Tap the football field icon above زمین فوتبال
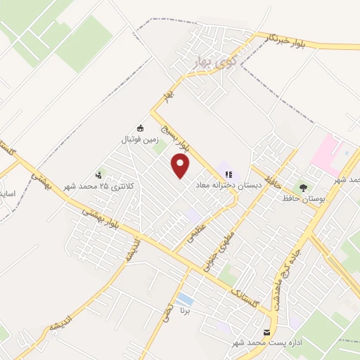pyautogui.click(x=140, y=128)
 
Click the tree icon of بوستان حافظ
pyautogui.click(x=303, y=187)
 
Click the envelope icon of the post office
pyautogui.click(x=266, y=331)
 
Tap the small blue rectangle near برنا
pyautogui.click(x=185, y=300)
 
